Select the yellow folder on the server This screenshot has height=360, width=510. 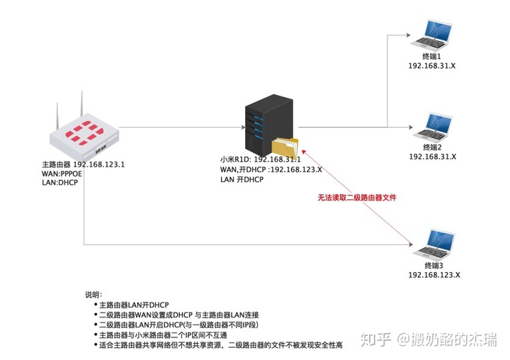[287, 149]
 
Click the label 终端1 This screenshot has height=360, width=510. [431, 55]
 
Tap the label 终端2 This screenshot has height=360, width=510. [431, 147]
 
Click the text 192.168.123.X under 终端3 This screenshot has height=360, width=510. [433, 275]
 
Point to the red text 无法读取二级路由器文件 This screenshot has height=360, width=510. [356, 198]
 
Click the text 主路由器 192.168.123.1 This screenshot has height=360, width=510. [84, 164]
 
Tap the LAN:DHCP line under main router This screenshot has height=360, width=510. [60, 183]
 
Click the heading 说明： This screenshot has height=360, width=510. [93, 293]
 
